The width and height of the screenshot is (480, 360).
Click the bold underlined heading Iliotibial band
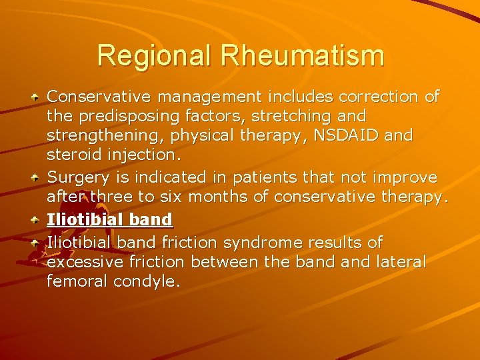109,219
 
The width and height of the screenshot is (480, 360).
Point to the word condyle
147,281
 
